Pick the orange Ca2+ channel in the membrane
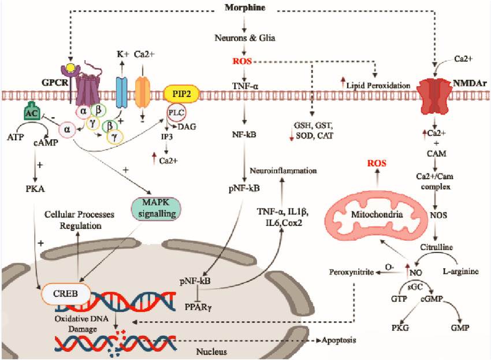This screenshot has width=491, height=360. coord(143,92)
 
